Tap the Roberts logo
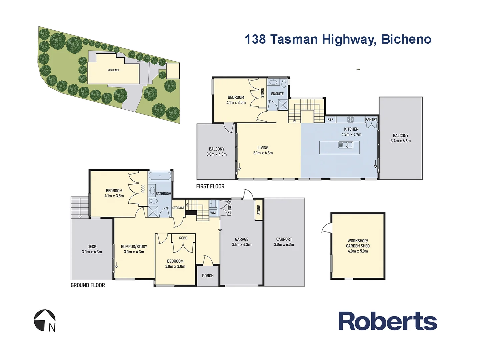(388, 321)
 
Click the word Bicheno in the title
(406, 39)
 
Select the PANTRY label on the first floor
(371, 119)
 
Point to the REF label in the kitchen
(330, 119)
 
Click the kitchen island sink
(346, 145)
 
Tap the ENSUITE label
(277, 94)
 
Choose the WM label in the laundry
(213, 213)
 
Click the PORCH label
(208, 276)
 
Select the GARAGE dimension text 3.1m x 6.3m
(242, 245)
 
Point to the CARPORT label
(284, 239)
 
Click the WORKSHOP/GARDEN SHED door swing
(327, 228)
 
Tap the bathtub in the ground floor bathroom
(160, 176)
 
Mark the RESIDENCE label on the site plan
(113, 70)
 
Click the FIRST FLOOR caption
(210, 186)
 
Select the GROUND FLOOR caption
(88, 285)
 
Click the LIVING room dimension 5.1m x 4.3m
(263, 153)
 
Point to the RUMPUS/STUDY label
(134, 247)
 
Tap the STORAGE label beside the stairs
(178, 208)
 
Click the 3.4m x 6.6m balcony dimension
(401, 141)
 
